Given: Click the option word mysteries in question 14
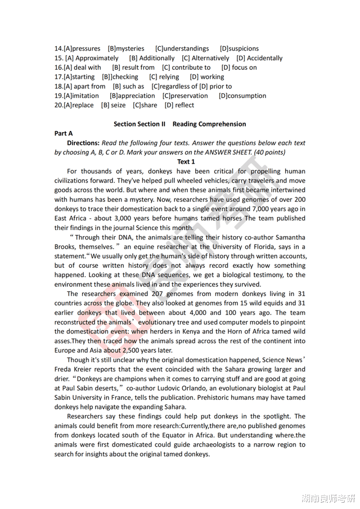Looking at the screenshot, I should [x=130, y=49].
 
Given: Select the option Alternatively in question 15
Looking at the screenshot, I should [x=210, y=58].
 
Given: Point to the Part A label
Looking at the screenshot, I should [x=64, y=133].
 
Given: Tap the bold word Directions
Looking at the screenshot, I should [x=83, y=143].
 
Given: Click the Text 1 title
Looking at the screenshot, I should [x=186, y=162].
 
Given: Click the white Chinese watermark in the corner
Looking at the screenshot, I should [x=328, y=498].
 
